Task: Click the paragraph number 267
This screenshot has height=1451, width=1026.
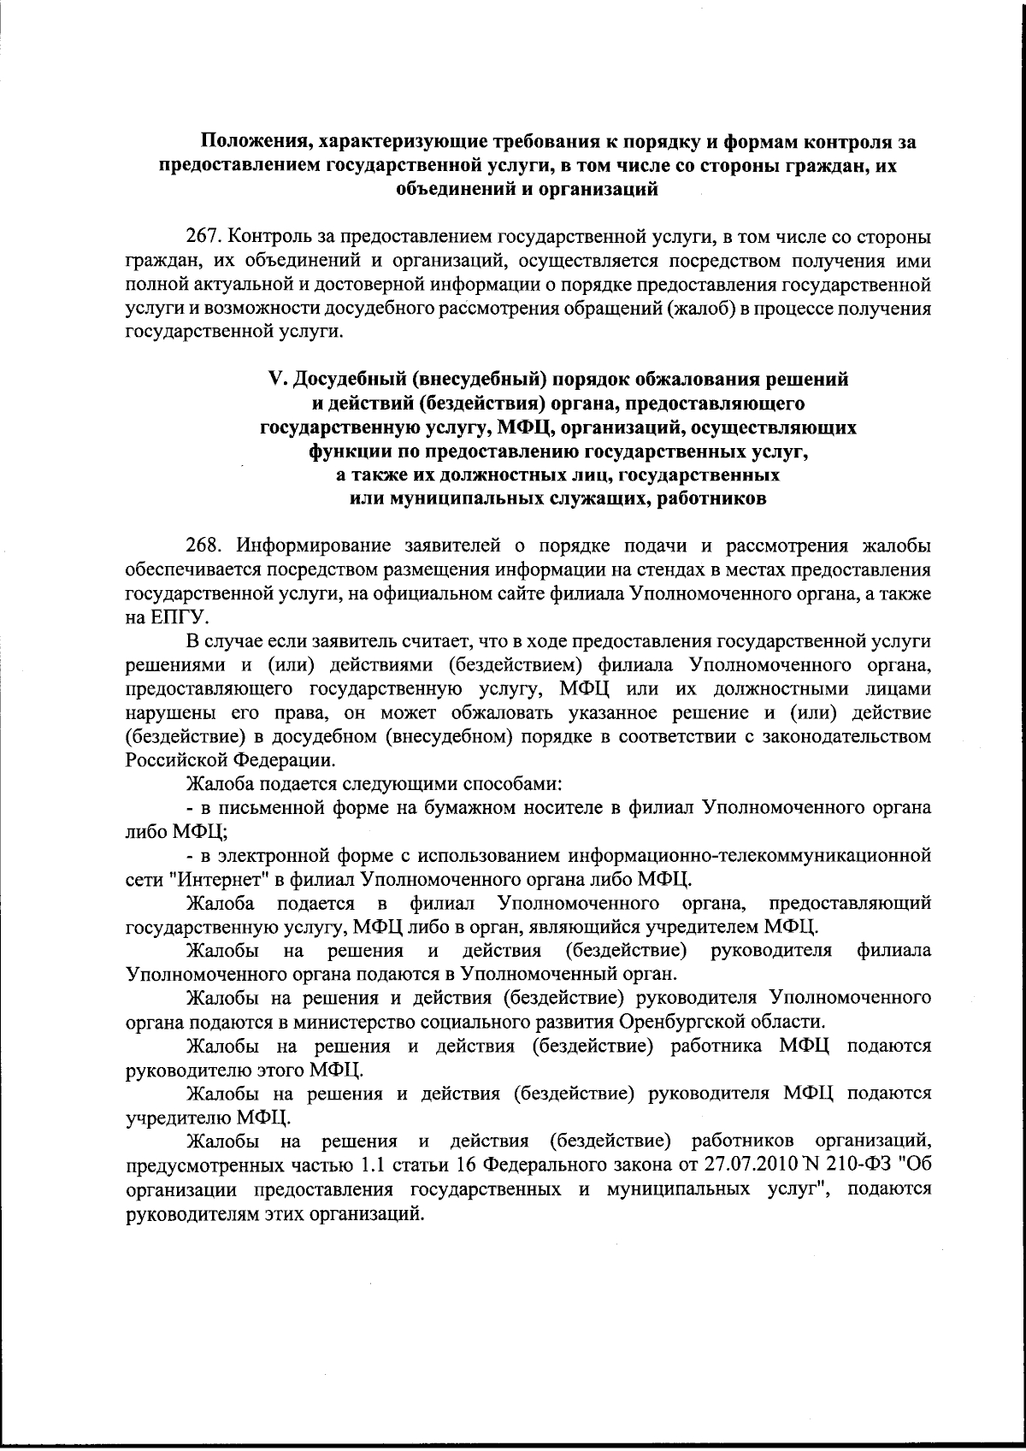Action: (203, 237)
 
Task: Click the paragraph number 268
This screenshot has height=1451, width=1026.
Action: (203, 546)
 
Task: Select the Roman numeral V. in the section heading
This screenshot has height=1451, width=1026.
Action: (276, 378)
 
